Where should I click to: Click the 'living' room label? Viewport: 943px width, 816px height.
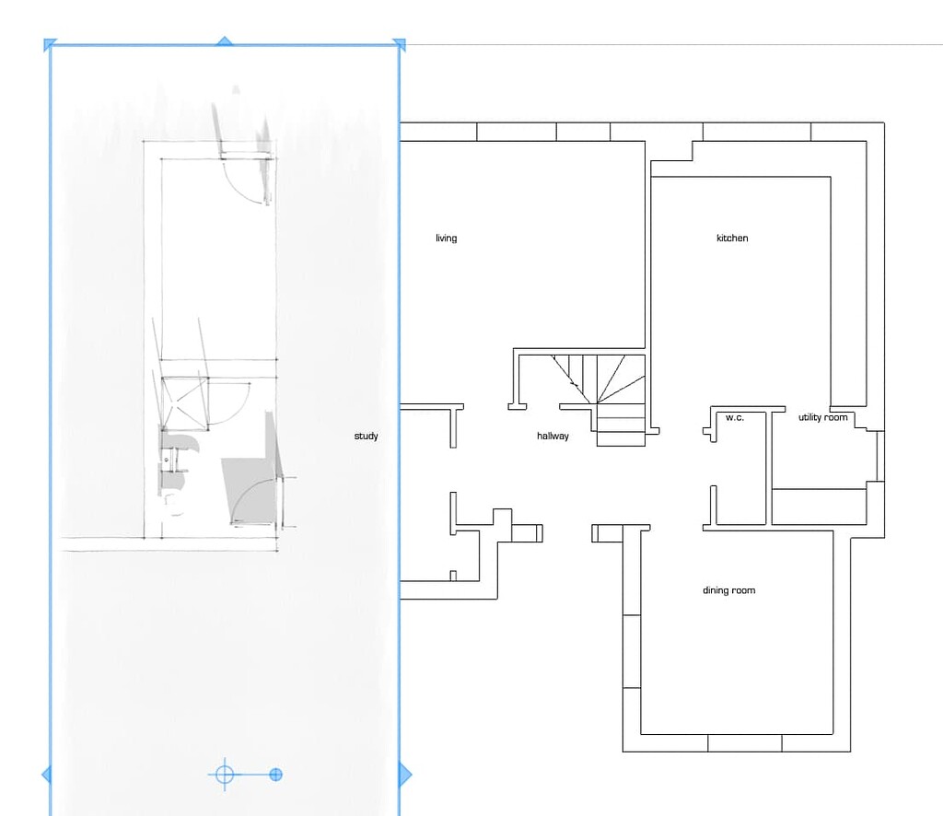446,239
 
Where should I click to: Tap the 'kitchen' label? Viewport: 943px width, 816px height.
732,239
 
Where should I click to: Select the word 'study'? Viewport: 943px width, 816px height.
366,437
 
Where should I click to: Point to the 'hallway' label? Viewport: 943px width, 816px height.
553,437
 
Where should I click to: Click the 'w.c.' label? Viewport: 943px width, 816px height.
734,418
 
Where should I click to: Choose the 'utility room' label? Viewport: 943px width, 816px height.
822,418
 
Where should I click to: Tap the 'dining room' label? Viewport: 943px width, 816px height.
728,590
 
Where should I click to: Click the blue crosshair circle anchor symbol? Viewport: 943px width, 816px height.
224,775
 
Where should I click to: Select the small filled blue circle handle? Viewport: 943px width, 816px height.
275,775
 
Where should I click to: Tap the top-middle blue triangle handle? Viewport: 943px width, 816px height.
224,41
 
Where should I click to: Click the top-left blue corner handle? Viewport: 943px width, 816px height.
50,43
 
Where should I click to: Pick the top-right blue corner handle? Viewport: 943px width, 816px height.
399,43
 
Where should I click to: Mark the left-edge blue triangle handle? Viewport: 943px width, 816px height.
46,775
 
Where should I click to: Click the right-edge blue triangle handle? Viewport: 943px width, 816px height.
404,775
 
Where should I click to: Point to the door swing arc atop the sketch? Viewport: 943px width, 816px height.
249,180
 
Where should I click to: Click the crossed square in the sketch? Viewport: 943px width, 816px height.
184,402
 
